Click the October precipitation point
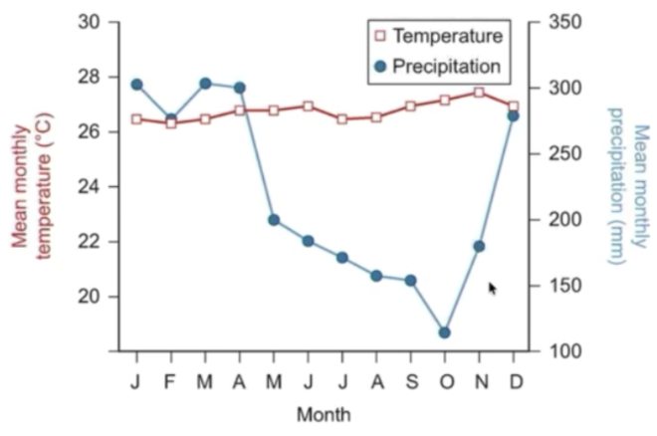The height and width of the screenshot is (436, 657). click(444, 332)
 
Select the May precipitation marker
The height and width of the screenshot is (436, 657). click(273, 220)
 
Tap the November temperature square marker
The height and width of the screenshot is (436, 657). click(479, 93)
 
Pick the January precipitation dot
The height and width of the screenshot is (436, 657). click(136, 85)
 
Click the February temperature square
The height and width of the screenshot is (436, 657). click(171, 123)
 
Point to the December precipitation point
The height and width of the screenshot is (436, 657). click(514, 116)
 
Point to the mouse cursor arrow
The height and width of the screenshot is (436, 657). click(492, 288)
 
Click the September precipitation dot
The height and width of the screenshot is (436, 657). click(410, 281)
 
